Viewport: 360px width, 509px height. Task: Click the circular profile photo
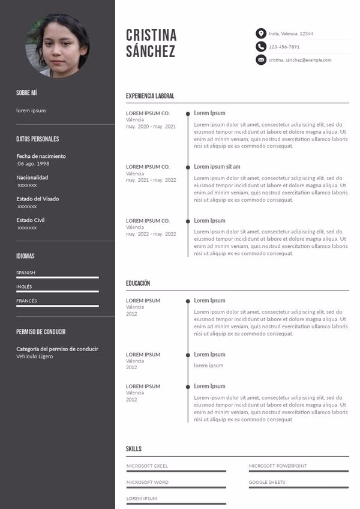pos(57,46)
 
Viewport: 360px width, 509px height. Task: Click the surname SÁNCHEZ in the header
pos(151,52)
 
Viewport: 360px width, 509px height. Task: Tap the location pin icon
pos(260,34)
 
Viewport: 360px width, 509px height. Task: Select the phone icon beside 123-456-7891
pos(260,47)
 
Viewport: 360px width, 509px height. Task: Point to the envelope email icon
pos(260,60)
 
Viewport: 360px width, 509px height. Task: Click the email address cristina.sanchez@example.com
pos(300,60)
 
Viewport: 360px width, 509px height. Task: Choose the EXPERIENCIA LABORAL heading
pos(150,96)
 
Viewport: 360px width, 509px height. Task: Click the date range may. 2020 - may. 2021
pos(151,127)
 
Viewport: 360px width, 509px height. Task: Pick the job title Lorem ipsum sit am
pos(217,166)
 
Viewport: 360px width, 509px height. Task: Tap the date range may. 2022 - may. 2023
pos(151,234)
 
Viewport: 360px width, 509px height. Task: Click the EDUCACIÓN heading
pos(138,283)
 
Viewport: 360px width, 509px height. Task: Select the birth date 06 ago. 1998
pos(34,164)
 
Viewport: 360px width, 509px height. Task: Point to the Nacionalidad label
pos(32,178)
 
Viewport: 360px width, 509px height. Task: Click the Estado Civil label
pos(31,220)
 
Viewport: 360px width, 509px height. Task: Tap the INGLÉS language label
pos(25,287)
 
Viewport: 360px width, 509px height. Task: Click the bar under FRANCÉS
pos(58,306)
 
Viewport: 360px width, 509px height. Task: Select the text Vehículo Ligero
pos(35,357)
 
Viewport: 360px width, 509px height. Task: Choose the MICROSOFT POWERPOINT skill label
pos(278,466)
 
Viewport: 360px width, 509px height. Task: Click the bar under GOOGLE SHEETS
pos(299,487)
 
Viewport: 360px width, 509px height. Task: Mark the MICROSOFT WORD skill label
pos(148,483)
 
